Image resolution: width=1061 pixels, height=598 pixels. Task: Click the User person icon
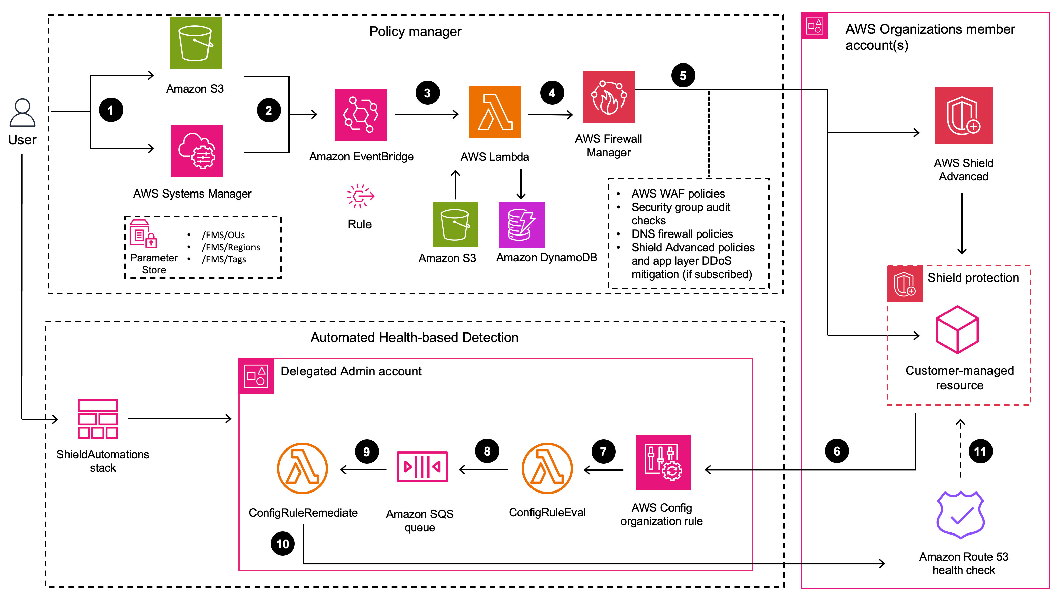pyautogui.click(x=22, y=113)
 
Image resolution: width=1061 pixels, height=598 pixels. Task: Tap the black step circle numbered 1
pyautogui.click(x=111, y=110)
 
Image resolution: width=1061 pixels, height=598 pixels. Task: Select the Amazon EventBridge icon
pyautogui.click(x=360, y=115)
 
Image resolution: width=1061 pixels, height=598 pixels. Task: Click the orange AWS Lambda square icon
pyautogui.click(x=495, y=112)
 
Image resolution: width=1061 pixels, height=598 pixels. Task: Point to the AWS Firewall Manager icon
pyautogui.click(x=609, y=97)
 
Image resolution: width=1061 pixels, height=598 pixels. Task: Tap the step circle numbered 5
pyautogui.click(x=683, y=75)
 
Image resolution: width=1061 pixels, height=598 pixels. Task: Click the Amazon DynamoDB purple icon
pyautogui.click(x=521, y=225)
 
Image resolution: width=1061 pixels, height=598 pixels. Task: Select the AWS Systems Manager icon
pyautogui.click(x=196, y=151)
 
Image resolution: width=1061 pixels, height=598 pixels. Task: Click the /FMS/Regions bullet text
pyautogui.click(x=231, y=247)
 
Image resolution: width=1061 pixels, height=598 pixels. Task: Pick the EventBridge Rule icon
pyautogui.click(x=360, y=196)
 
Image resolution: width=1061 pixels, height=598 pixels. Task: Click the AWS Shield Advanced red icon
pyautogui.click(x=963, y=116)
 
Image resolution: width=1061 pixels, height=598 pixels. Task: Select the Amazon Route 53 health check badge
pyautogui.click(x=961, y=514)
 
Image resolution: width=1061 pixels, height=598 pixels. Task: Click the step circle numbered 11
pyautogui.click(x=980, y=451)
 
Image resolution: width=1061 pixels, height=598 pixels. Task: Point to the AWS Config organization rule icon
pyautogui.click(x=663, y=462)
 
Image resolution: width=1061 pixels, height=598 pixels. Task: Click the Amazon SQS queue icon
pyautogui.click(x=422, y=467)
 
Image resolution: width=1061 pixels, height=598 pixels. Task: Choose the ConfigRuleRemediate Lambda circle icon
pyautogui.click(x=302, y=468)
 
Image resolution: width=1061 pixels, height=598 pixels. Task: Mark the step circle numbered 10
pyautogui.click(x=283, y=544)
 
